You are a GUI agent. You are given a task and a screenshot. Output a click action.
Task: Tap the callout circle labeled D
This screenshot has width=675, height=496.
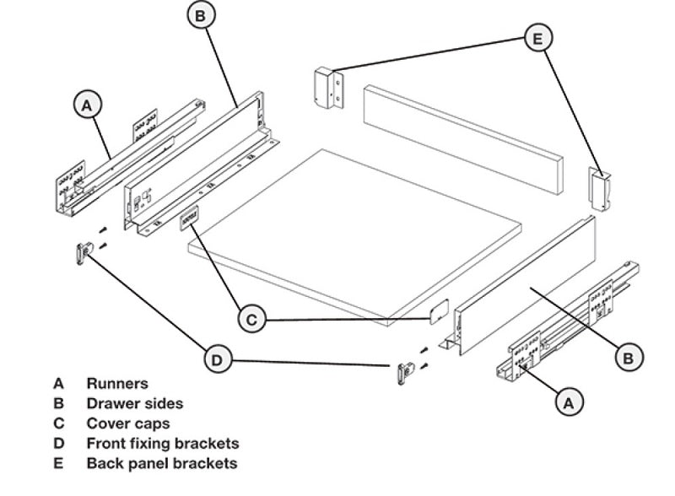(x=218, y=360)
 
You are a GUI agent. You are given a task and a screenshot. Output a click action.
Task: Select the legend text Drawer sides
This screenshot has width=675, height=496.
(x=134, y=404)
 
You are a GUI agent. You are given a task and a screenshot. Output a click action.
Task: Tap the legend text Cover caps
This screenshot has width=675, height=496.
(x=128, y=423)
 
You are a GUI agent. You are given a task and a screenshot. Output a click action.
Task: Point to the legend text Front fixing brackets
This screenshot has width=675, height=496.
(x=163, y=443)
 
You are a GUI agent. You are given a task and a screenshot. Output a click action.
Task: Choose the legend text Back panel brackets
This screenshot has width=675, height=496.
(x=161, y=463)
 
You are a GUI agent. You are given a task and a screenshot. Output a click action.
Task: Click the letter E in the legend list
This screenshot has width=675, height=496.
(x=57, y=463)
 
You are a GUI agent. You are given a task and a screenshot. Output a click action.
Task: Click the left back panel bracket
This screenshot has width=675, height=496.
(x=328, y=89)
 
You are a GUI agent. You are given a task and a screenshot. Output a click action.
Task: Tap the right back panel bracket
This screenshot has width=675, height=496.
(x=599, y=188)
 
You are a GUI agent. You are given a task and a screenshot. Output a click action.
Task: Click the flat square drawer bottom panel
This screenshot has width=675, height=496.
(x=354, y=236)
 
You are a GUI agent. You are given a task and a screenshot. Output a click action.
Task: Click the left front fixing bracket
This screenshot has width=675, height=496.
(x=83, y=253)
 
